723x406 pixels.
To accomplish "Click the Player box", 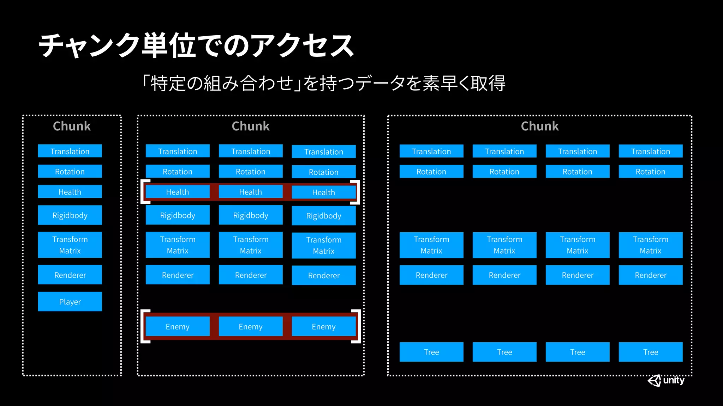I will [x=70, y=302].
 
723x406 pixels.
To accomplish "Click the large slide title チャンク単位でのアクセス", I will [x=196, y=46].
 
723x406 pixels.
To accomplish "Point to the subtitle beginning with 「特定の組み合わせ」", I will [x=323, y=84].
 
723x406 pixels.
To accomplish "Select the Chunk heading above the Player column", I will [x=72, y=126].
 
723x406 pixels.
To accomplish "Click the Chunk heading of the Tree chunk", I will [x=540, y=126].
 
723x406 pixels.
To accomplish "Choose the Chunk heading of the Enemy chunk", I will [x=251, y=126].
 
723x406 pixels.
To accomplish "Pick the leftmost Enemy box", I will [x=178, y=326].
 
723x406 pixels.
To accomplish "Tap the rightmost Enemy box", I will [x=324, y=326].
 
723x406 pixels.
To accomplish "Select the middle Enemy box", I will [x=251, y=326].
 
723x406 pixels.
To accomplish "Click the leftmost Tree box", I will [x=431, y=352].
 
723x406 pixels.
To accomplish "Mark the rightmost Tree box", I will [x=651, y=352].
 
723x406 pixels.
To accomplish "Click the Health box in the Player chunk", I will [x=70, y=192].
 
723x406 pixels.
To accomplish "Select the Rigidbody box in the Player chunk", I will [x=70, y=215].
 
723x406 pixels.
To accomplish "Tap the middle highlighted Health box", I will [x=251, y=192].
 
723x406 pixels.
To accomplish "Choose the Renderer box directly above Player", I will [x=70, y=275].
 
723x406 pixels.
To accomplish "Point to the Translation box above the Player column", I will [x=70, y=151].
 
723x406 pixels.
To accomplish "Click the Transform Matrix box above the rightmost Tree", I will [x=651, y=245].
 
